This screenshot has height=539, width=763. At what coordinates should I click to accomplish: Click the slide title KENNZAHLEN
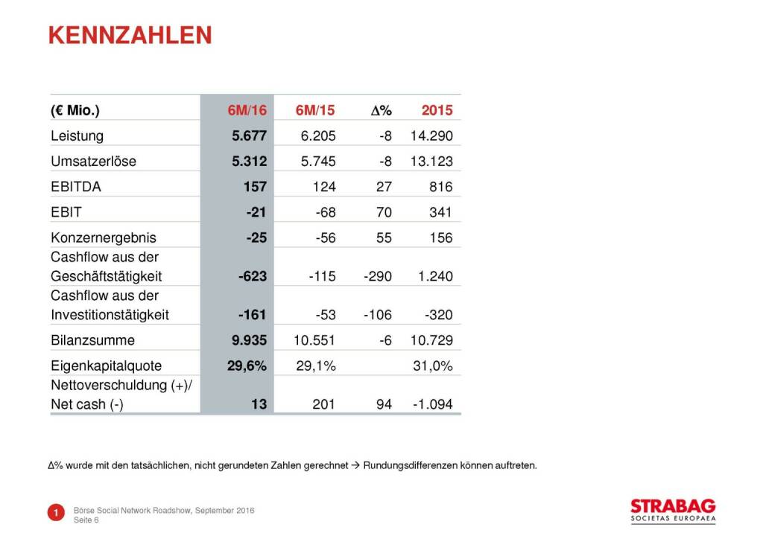click(130, 36)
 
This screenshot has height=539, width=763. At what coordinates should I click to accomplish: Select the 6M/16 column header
click(247, 111)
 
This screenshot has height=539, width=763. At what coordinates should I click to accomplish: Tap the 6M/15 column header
click(315, 111)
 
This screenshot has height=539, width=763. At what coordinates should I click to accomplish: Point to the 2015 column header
click(437, 111)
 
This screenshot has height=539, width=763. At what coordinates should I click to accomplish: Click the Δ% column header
click(381, 111)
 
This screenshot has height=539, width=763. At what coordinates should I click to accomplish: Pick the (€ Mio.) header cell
click(75, 111)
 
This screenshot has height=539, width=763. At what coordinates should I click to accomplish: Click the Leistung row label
click(77, 136)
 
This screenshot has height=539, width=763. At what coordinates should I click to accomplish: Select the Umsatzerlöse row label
click(93, 162)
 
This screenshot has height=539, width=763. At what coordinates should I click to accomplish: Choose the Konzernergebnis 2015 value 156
click(440, 238)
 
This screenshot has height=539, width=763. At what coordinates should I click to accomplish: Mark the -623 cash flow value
click(250, 276)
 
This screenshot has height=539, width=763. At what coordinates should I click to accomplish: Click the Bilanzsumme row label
click(92, 340)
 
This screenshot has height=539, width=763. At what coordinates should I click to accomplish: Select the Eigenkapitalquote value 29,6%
click(247, 366)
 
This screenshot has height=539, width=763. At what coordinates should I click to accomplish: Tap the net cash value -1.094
click(432, 405)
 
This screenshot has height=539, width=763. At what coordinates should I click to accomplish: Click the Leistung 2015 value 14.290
click(431, 136)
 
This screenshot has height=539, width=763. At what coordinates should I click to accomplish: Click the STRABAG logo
click(672, 508)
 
